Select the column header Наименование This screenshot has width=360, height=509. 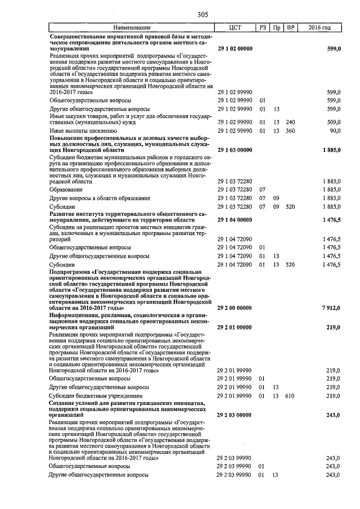(132, 28)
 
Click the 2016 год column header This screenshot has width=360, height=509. (319, 28)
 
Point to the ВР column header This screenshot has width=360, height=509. (290, 28)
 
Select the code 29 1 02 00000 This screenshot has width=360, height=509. (235, 49)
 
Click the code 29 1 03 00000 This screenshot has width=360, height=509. (235, 150)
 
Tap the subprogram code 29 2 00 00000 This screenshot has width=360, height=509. (235, 308)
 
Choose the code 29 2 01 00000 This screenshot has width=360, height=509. (235, 327)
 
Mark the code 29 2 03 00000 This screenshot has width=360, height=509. (235, 416)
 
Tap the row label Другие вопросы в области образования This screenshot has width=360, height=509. (100, 199)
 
